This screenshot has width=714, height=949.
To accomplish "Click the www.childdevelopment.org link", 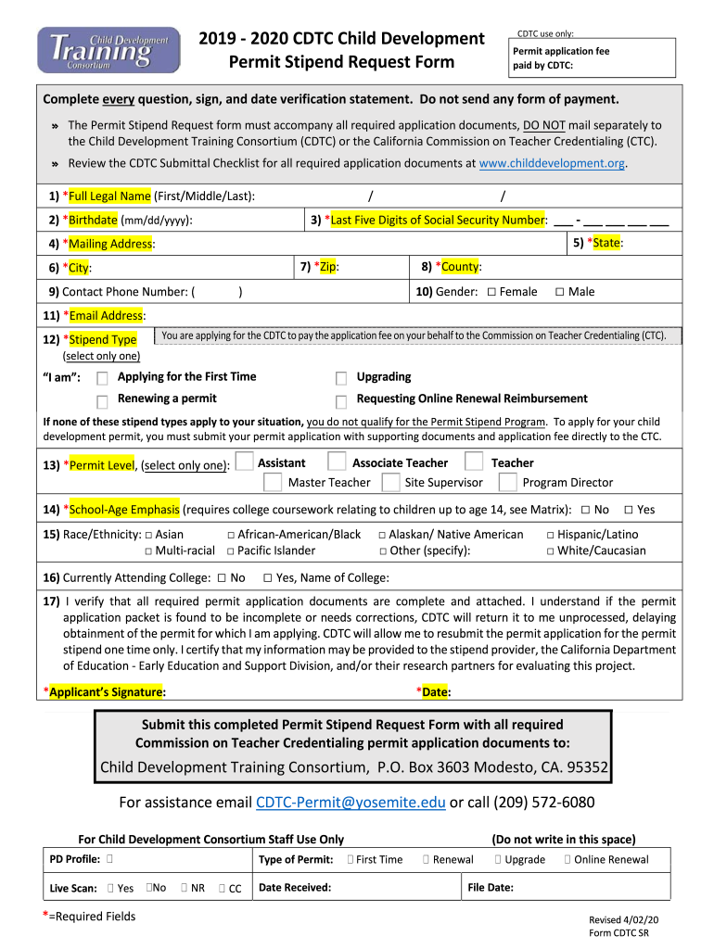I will tap(553, 163).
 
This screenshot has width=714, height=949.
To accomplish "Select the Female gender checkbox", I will tap(491, 292).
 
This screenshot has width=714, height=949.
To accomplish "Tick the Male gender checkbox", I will tap(559, 292).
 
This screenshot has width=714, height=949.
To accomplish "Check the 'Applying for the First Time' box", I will tap(103, 378).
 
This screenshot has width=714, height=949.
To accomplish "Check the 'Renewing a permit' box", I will tap(103, 400).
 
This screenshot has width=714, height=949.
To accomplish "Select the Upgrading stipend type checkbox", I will tap(341, 378).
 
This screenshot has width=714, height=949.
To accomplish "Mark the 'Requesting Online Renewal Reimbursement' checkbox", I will tap(341, 400).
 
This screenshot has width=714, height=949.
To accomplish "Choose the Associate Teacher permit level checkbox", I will tap(338, 462).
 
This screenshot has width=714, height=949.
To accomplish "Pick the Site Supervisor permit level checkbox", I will tap(390, 482).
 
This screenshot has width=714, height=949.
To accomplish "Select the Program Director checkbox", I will tap(507, 482).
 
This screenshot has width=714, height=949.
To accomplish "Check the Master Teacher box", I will tap(273, 482).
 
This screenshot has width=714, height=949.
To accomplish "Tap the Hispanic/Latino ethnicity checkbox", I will tap(550, 535).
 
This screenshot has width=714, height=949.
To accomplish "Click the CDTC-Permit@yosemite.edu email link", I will tap(351, 802).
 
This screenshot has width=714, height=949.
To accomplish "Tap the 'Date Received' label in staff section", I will tap(295, 888).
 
